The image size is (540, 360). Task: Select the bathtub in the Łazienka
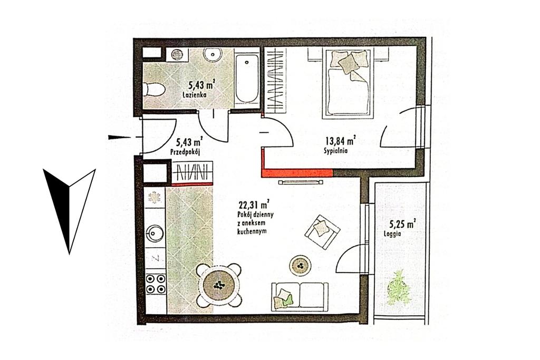tap(247, 79)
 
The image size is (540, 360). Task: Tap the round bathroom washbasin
tap(211, 54)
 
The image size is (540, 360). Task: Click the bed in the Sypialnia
tap(348, 84)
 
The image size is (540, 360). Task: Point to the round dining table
tap(219, 285)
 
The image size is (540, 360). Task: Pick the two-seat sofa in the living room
tap(300, 297)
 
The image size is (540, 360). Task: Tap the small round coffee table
tap(300, 265)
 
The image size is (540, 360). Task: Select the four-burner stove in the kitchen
tap(156, 284)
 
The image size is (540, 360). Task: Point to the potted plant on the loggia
tap(400, 288)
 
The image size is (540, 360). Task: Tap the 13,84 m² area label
tap(340, 140)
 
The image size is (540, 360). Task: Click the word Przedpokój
tap(185, 151)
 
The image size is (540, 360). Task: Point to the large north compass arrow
tap(69, 211)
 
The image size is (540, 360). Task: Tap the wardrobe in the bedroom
tap(275, 80)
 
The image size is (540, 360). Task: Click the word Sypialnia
tap(335, 150)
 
